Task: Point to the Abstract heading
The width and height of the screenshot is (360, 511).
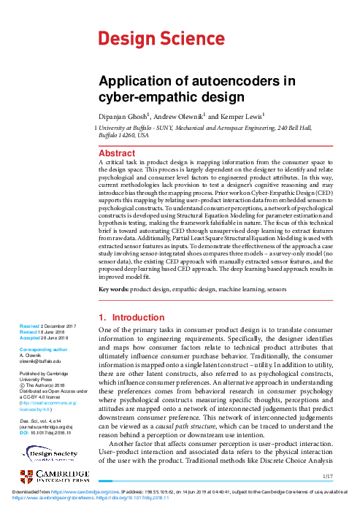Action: [x=117, y=153]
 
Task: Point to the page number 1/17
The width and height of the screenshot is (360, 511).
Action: [x=328, y=477]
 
